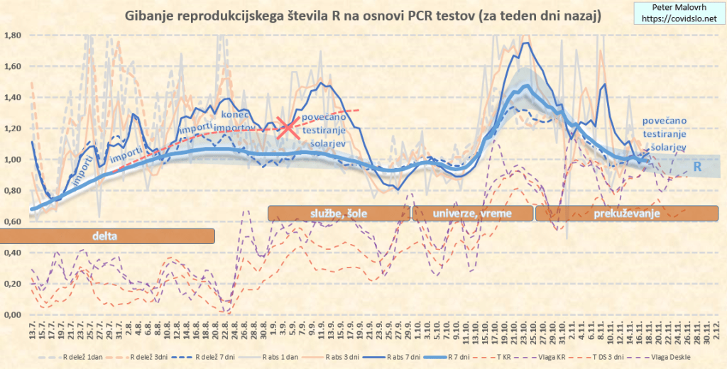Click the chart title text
point(363,16)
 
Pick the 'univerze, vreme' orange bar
point(471,213)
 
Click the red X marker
point(288,128)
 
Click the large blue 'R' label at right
point(698,166)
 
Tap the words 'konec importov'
point(241,121)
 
